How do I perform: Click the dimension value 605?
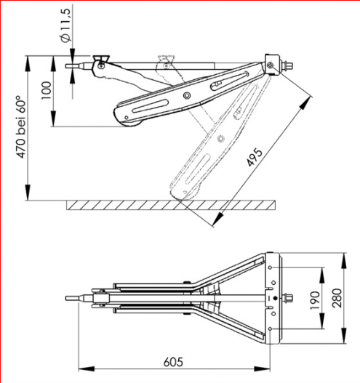173,362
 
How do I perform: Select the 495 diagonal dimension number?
255,158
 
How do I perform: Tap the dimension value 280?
337,298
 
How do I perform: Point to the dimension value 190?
315,301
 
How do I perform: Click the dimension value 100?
47,90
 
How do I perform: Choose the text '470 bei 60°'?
21,127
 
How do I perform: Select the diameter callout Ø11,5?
65,25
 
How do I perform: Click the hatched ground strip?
171,205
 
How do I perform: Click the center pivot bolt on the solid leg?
187,95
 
